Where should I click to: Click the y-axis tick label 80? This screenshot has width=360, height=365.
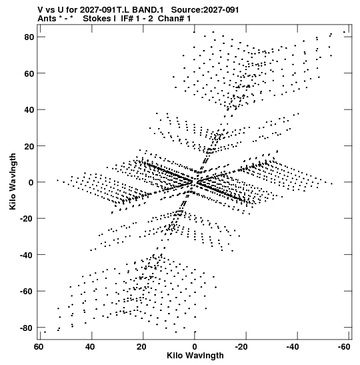(x=29, y=37)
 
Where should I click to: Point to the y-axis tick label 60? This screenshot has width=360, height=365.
(x=29, y=73)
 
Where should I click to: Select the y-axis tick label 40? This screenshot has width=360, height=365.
(x=29, y=110)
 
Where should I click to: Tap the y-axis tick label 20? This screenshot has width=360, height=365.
(x=29, y=146)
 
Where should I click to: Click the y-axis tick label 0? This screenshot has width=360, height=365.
(x=31, y=183)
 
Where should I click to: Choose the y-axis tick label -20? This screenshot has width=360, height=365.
(x=27, y=219)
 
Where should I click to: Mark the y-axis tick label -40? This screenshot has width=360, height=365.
(x=27, y=255)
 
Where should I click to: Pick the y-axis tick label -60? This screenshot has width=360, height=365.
(x=27, y=292)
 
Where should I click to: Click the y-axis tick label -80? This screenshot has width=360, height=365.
(x=27, y=328)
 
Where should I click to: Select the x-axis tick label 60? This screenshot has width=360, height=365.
(x=39, y=347)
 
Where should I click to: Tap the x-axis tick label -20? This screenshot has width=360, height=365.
(x=241, y=347)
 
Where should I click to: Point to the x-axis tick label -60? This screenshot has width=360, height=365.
(x=344, y=347)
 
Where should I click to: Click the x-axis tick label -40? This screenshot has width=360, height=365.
(x=293, y=347)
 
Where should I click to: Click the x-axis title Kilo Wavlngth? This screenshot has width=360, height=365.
(x=195, y=356)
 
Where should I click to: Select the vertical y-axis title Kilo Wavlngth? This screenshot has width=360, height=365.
(x=13, y=181)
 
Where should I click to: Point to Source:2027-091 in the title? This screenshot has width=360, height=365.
(x=205, y=10)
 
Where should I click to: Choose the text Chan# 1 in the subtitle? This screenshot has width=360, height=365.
(x=174, y=19)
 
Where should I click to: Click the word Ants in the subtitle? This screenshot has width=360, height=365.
(x=47, y=19)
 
